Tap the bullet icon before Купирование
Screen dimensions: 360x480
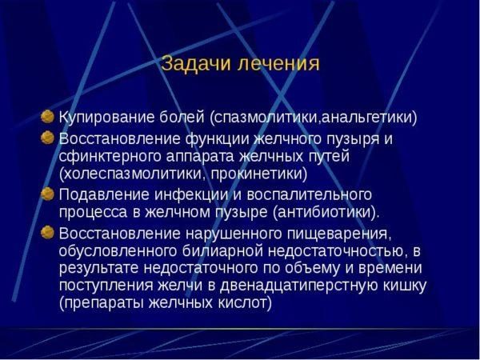click(48, 117)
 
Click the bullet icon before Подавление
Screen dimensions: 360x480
click(48, 194)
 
